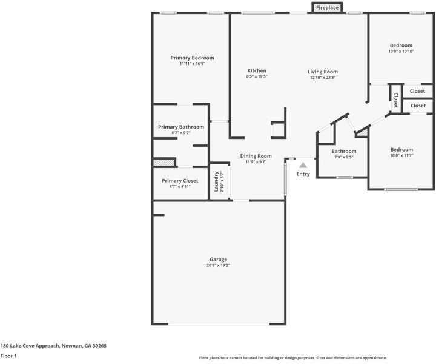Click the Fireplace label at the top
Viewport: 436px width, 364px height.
point(327,8)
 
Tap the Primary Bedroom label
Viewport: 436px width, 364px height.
point(192,58)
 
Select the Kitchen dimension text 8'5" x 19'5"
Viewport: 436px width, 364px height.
point(256,77)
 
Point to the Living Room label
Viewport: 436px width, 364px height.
point(322,72)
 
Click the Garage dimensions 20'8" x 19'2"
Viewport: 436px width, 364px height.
point(218,265)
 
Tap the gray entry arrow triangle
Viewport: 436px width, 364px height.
point(303,164)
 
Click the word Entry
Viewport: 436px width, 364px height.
point(303,174)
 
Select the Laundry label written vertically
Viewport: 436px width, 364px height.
point(216,181)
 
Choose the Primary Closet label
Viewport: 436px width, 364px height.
point(180,181)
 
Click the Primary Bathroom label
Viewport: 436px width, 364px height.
point(181,127)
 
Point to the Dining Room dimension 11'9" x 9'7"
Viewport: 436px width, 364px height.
point(256,162)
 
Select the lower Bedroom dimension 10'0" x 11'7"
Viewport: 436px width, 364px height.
point(401,156)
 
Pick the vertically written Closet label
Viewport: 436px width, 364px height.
point(395,100)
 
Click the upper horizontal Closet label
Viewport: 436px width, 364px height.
point(417,91)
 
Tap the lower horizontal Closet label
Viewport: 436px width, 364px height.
point(418,106)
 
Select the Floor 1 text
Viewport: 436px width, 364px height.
point(8,356)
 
